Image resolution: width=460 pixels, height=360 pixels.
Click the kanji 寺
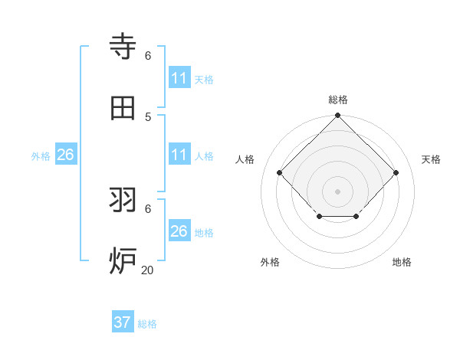pyautogui.click(x=123, y=47)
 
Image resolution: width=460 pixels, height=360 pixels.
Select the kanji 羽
pyautogui.click(x=123, y=200)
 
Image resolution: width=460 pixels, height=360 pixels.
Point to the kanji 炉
pyautogui.click(x=123, y=260)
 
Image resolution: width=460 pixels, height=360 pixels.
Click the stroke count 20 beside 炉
pyautogui.click(x=147, y=270)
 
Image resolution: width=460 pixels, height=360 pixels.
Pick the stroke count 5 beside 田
pyautogui.click(x=148, y=116)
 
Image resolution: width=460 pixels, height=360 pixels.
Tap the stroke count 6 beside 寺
pyautogui.click(x=148, y=55)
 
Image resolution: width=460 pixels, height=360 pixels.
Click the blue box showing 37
pyautogui.click(x=123, y=322)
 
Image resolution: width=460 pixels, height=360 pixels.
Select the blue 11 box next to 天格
pyautogui.click(x=179, y=78)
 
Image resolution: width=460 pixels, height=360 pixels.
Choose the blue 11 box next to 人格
pyautogui.click(x=179, y=155)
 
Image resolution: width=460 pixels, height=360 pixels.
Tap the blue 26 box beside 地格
pyautogui.click(x=179, y=231)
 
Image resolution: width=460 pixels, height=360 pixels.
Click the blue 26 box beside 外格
pyautogui.click(x=65, y=155)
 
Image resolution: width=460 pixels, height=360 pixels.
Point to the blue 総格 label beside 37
pyautogui.click(x=147, y=324)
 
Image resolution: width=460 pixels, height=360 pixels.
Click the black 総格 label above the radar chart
pyautogui.click(x=338, y=100)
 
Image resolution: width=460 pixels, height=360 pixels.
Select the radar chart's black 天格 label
pyautogui.click(x=432, y=159)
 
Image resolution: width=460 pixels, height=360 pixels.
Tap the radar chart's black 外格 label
pyautogui.click(x=270, y=262)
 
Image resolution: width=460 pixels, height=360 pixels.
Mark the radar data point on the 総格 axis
pyautogui.click(x=338, y=116)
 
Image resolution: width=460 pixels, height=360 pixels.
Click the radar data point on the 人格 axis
pyautogui.click(x=280, y=172)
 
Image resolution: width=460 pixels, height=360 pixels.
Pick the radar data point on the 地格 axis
pyautogui.click(x=356, y=217)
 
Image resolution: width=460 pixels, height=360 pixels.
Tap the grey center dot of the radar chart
pyautogui.click(x=338, y=191)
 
